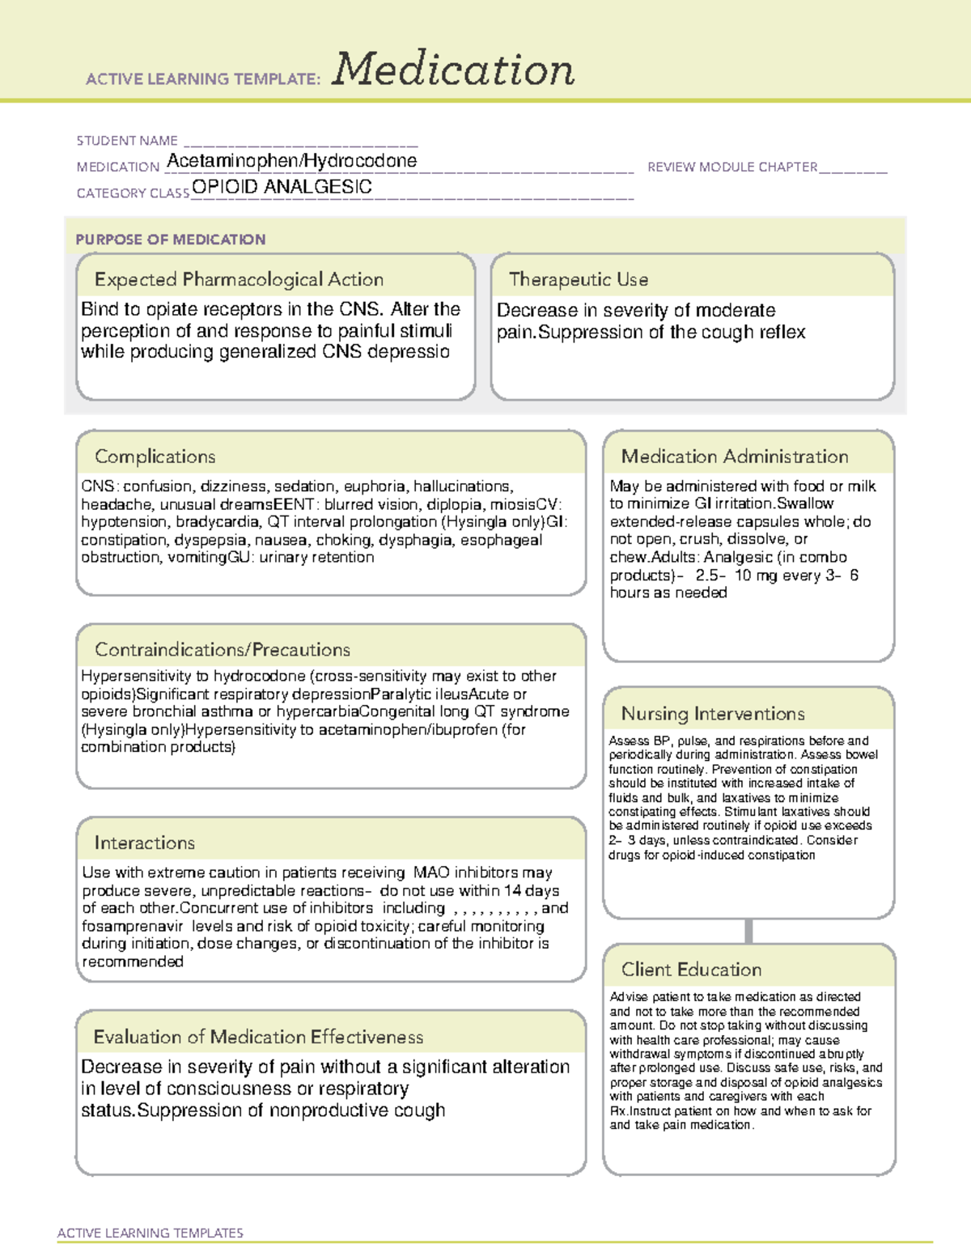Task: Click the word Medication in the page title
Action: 453,70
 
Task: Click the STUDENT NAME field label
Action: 127,141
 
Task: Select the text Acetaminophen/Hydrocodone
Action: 291,161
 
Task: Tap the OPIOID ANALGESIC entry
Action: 282,187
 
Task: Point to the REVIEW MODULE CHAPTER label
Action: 732,167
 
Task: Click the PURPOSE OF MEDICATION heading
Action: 170,240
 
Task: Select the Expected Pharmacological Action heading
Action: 239,280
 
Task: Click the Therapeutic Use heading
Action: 579,280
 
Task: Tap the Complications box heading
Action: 155,457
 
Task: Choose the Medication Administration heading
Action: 735,457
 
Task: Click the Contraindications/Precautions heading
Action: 223,650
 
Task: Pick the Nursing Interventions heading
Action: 713,714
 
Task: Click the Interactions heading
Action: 145,843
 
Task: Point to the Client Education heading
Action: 691,970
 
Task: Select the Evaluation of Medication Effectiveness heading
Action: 258,1038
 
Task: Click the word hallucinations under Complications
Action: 462,486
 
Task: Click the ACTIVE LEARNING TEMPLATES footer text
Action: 151,1233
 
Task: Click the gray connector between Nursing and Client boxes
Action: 748,931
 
